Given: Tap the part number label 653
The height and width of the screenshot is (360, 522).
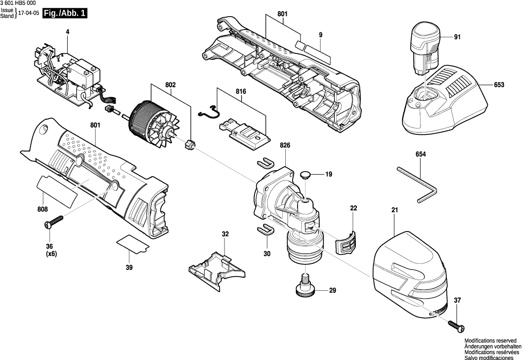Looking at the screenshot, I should point(499,85).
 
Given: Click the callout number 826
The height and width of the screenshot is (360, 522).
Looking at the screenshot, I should point(285,145).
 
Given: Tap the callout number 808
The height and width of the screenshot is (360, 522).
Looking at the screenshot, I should point(43,209).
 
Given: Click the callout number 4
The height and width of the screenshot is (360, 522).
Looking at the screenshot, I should point(68,32).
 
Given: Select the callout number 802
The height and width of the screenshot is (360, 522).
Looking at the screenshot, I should point(170,85).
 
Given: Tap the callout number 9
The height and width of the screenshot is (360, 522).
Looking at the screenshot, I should point(320,35).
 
